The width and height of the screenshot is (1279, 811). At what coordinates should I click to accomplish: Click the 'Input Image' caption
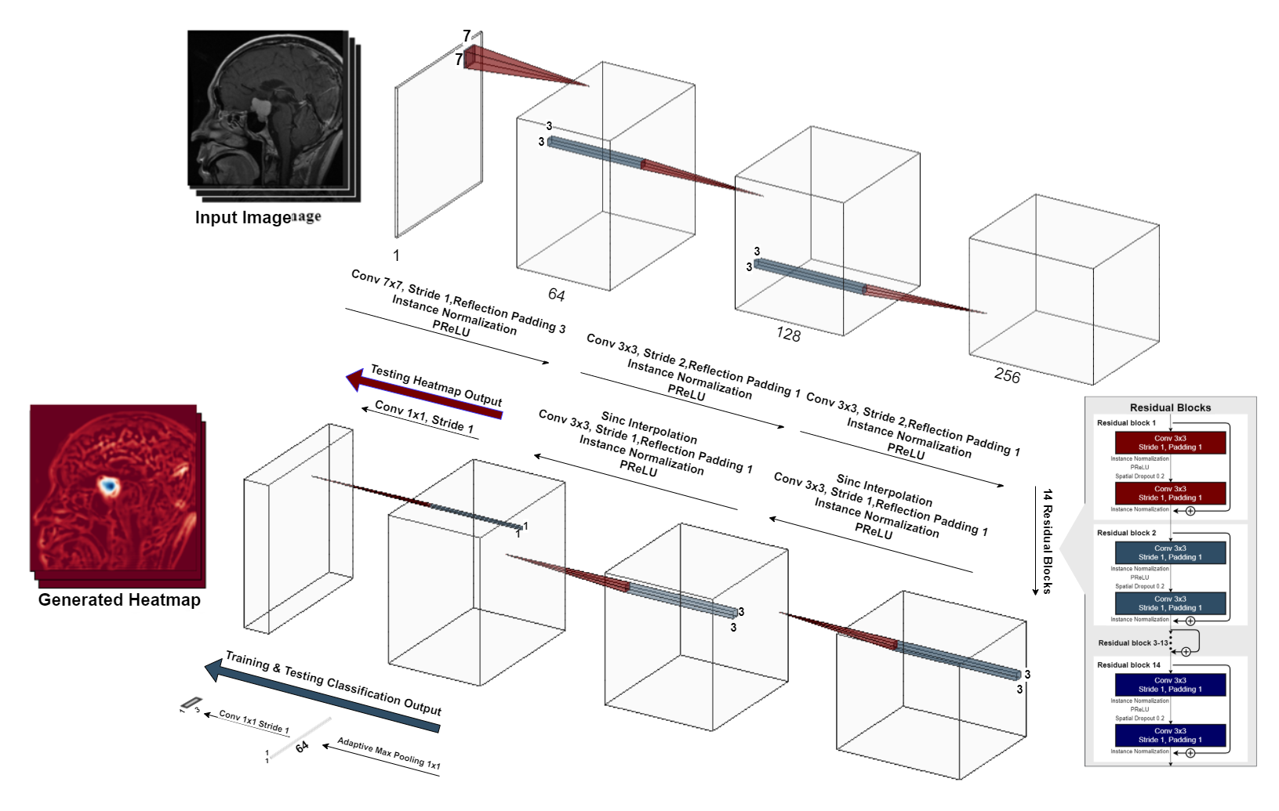(242, 218)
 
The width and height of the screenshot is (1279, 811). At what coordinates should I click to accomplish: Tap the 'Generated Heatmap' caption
(119, 600)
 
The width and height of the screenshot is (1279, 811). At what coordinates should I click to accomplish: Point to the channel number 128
(788, 335)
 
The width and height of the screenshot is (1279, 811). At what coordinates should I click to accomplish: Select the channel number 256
(1007, 376)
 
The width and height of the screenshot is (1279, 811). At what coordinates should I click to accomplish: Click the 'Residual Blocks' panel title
(1170, 407)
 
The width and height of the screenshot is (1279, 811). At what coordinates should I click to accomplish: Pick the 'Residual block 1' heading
(1126, 423)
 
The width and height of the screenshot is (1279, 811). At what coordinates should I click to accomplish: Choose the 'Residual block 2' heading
(1126, 533)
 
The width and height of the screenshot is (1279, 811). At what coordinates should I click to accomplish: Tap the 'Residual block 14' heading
(1128, 665)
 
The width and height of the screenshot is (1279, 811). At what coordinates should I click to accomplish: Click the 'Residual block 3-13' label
(1132, 643)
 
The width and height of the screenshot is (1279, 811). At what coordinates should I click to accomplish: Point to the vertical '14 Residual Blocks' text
(1048, 541)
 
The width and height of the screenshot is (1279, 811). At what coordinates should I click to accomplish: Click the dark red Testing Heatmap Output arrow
(423, 395)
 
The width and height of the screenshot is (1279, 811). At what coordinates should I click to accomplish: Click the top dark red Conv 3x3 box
(1170, 443)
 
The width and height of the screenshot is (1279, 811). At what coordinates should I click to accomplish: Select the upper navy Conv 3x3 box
(1170, 685)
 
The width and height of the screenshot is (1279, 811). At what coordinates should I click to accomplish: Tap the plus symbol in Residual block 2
(1190, 621)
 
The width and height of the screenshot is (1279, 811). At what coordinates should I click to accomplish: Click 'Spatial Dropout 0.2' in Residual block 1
(1139, 476)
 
